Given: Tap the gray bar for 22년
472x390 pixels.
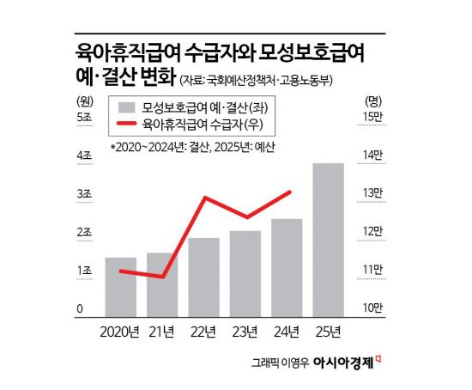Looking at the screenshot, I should (203, 276).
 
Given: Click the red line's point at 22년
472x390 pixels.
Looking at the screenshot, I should (204, 198).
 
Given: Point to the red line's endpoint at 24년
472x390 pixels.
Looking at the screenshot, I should (292, 192).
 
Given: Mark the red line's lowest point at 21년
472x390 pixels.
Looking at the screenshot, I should (162, 277).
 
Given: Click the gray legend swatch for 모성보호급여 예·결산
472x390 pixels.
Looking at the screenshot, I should (126, 109).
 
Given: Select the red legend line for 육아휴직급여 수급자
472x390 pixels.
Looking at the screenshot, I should (126, 127).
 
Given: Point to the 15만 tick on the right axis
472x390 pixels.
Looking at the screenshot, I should (373, 117).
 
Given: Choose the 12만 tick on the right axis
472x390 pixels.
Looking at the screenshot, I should (373, 232).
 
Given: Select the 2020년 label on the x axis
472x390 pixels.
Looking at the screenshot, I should (120, 331).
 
